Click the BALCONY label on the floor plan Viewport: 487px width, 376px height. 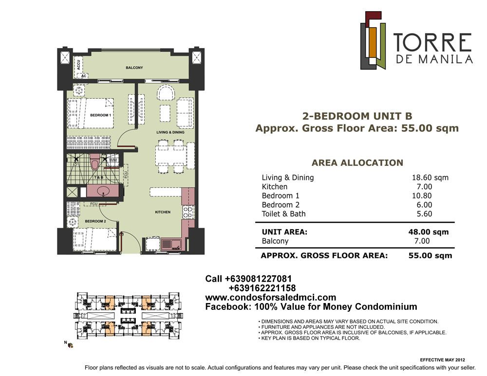[134, 68]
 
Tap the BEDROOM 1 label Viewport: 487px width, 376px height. [100, 115]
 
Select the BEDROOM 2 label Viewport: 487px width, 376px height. [95, 221]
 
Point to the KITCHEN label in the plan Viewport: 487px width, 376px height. [163, 212]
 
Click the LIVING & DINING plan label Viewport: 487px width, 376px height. [170, 132]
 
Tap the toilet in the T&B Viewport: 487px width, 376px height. [94, 163]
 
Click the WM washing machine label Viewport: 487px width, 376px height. [113, 161]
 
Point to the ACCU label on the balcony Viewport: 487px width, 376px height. [78, 65]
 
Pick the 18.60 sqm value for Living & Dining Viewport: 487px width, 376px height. [430, 178]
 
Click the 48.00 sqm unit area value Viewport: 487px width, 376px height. [428, 232]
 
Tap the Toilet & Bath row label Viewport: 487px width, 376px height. [283, 214]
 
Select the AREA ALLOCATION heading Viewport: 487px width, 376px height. [357, 163]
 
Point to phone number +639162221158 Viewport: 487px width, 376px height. [262, 288]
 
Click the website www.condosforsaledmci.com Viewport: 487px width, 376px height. [270, 298]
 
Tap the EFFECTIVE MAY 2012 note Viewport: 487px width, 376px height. [442, 360]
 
